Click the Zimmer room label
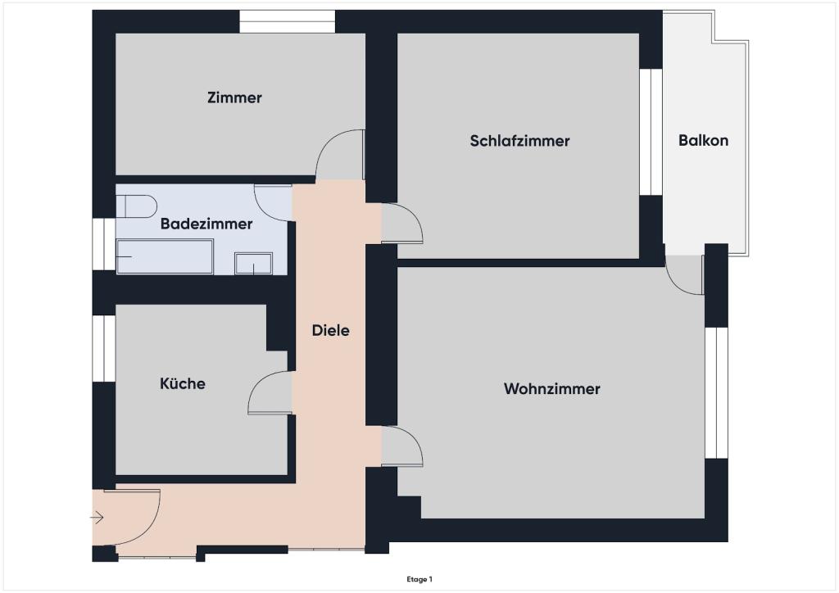click(x=234, y=97)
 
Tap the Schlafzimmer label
click(x=519, y=141)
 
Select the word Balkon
click(x=703, y=140)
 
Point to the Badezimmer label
click(x=206, y=224)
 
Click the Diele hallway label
click(x=330, y=331)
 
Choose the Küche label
click(x=183, y=383)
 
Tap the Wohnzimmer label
click(x=551, y=389)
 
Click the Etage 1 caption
click(x=419, y=579)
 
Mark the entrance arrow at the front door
click(x=97, y=518)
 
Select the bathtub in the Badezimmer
click(x=165, y=256)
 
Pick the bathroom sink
click(x=253, y=264)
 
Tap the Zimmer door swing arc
click(x=339, y=155)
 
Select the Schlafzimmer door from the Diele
click(x=402, y=224)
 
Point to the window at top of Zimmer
click(x=287, y=21)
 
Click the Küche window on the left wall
click(x=104, y=348)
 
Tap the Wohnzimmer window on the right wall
click(x=716, y=392)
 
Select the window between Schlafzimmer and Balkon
click(x=651, y=132)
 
